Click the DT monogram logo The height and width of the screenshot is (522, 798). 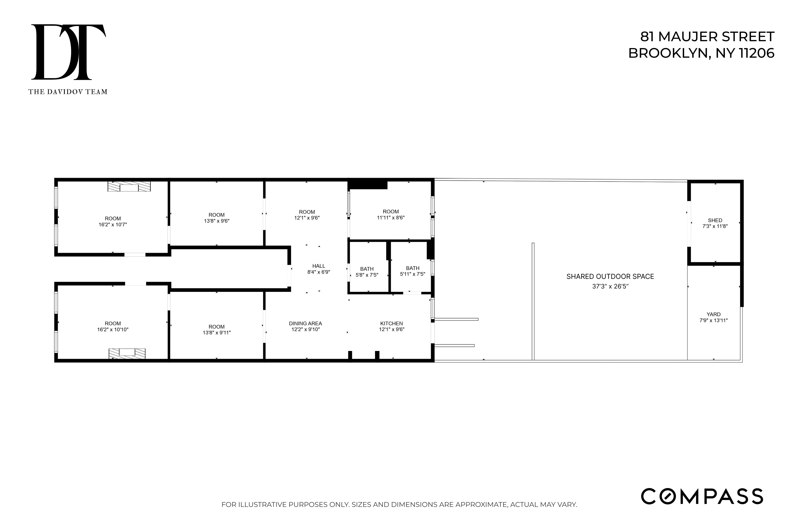click(69, 52)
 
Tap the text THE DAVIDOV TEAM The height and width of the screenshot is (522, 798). click(68, 92)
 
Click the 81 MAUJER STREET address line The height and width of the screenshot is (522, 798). click(707, 37)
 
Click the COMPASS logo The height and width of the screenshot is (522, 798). click(702, 497)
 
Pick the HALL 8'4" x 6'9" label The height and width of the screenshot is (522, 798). click(318, 269)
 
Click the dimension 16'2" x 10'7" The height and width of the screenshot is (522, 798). click(113, 225)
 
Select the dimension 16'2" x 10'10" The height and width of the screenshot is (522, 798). click(113, 330)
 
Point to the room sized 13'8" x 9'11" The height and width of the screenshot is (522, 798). click(217, 330)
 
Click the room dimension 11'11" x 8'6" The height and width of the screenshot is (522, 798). click(391, 218)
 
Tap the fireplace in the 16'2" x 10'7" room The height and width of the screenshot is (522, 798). click(129, 187)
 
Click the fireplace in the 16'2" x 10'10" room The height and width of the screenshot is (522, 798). click(127, 353)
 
